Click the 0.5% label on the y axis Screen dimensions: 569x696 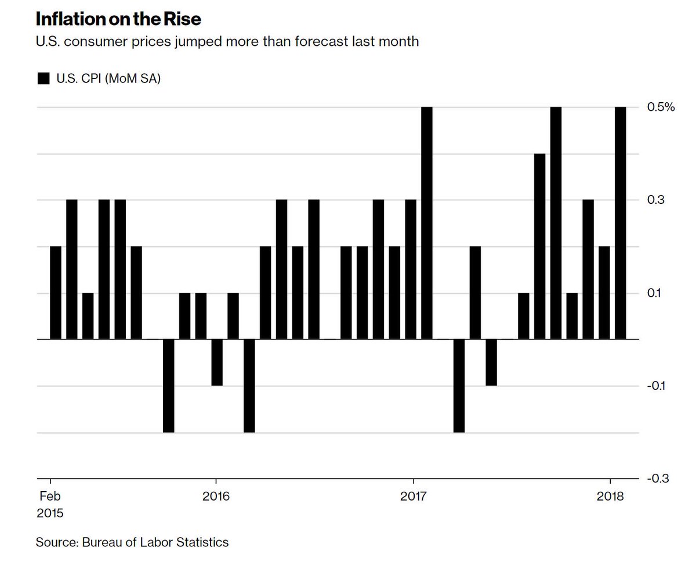(661, 107)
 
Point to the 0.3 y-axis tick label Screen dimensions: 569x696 (654, 200)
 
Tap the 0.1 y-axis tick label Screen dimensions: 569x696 (654, 293)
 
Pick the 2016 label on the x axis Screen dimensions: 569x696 (216, 498)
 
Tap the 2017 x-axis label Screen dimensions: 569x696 (413, 498)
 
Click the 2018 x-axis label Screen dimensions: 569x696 (610, 498)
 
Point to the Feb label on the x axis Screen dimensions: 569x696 (50, 498)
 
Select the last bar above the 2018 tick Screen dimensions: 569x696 (620, 224)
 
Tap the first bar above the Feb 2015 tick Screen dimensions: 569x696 (56, 293)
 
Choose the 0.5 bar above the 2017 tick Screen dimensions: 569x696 (427, 224)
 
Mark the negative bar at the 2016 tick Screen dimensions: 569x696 (217, 363)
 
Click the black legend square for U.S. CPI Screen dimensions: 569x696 (43, 79)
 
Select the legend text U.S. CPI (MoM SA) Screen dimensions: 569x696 (108, 79)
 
